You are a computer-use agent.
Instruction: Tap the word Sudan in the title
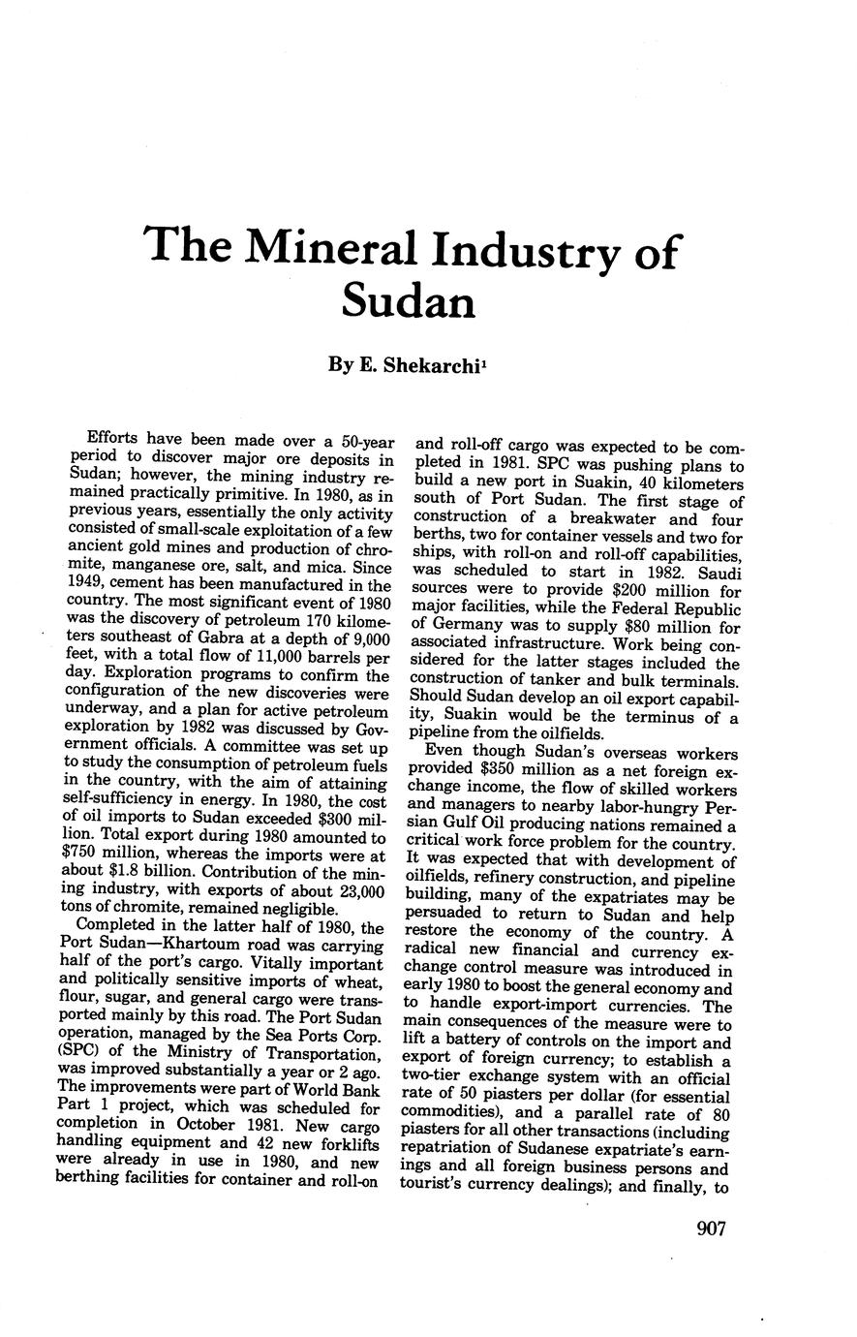(409, 301)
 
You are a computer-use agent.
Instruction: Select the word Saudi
(713, 573)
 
